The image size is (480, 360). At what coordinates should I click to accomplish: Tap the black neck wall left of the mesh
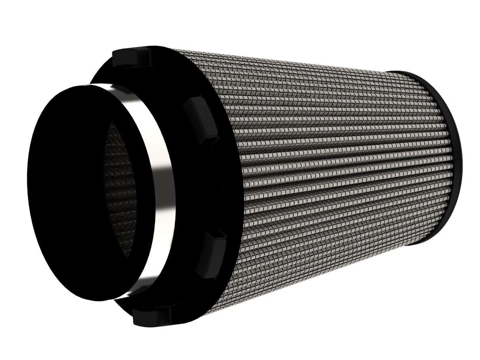[67, 190]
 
